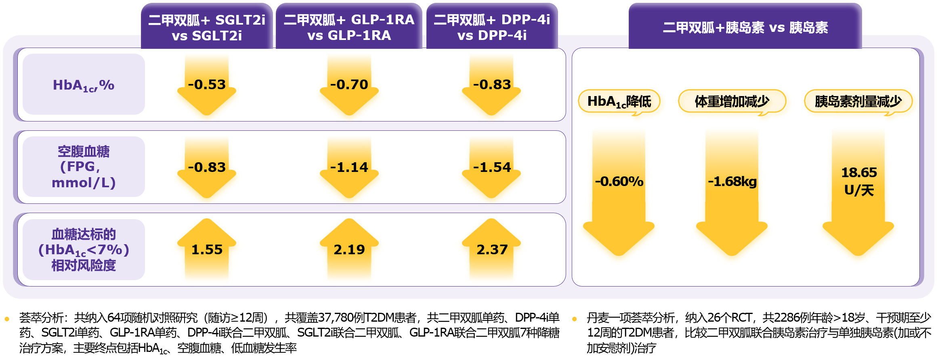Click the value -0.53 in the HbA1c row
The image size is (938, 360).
pos(207,84)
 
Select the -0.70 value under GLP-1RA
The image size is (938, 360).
pos(349,84)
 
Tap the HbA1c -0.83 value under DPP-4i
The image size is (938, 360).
pos(492,84)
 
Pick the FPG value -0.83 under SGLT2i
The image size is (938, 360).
pos(207,167)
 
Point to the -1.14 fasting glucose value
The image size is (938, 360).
pos(349,167)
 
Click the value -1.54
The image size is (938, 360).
pos(492,167)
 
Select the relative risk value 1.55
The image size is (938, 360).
pos(207,249)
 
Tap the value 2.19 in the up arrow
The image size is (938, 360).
pos(349,249)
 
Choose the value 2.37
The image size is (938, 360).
pos(492,249)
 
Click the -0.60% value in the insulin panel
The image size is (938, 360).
pos(619,181)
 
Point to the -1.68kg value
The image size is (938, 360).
pos(732,181)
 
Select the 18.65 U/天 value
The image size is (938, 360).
pos(859,181)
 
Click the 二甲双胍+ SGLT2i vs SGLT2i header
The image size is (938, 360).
pos(207,27)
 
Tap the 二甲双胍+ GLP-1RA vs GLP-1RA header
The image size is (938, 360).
pos(349,27)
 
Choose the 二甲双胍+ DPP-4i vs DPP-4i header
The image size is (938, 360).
pos(492,27)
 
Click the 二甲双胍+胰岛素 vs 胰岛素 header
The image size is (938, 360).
pos(745,27)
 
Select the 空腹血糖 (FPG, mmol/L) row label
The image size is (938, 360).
pos(84,167)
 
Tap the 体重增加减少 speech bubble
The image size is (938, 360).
pos(732,101)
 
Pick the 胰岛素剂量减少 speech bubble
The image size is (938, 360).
pos(858,101)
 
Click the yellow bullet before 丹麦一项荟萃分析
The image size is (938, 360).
pos(575,319)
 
